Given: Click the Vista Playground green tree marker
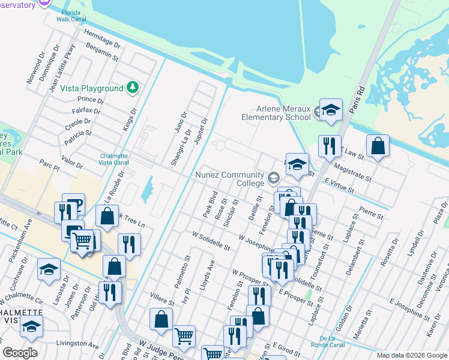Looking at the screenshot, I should point(132,88).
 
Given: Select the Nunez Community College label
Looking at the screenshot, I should point(230,179).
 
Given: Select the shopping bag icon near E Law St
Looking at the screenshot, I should point(378,146).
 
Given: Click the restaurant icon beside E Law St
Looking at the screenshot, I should point(330,145).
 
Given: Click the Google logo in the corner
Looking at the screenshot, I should point(20,352).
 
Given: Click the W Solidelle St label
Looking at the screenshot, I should point(211,241).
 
